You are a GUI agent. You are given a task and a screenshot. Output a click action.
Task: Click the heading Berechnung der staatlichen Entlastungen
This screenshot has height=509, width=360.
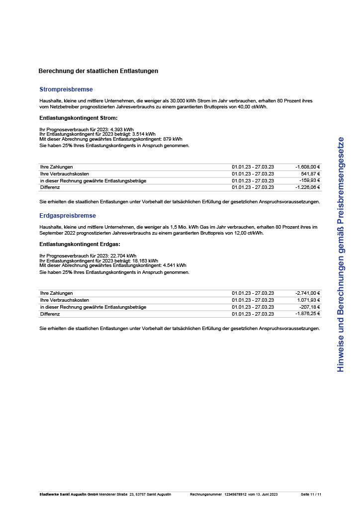[98, 71]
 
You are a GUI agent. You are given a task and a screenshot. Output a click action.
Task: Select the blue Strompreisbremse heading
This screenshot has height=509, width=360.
[66, 89]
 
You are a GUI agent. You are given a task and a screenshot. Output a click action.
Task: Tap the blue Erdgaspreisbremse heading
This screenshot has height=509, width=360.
[68, 216]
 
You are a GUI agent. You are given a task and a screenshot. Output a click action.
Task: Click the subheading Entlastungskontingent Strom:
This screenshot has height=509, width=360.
[79, 118]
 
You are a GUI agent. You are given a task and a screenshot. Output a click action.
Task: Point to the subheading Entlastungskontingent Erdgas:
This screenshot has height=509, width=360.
[80, 244]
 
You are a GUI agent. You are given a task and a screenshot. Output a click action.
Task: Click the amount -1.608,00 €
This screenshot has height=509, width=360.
[307, 167]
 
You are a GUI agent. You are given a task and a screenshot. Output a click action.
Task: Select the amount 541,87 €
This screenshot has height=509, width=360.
[310, 174]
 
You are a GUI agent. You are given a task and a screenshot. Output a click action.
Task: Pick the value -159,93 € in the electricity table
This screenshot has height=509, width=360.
[309, 180]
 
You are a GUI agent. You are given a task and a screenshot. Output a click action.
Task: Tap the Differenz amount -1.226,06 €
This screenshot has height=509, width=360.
[307, 187]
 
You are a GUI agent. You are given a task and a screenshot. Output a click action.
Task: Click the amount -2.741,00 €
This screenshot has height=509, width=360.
[307, 293]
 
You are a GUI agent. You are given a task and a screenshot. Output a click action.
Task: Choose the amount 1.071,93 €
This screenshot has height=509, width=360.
[308, 300]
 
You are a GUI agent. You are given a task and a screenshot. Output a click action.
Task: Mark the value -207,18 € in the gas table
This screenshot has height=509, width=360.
[309, 307]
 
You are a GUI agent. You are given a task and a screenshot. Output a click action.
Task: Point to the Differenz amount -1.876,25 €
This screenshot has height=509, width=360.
[307, 314]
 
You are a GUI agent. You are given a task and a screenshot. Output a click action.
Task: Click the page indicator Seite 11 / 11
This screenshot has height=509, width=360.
[311, 495]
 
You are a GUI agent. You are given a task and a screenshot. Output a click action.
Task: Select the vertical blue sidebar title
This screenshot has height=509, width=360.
[341, 254]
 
